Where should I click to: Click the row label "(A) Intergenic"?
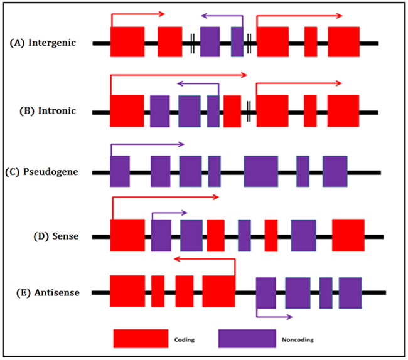(x=43, y=43)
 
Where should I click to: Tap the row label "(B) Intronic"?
(x=48, y=111)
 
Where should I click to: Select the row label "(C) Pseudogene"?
(x=41, y=172)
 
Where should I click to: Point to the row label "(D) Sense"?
(x=56, y=236)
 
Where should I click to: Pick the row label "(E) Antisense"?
(x=48, y=293)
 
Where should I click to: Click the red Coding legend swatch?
(x=141, y=339)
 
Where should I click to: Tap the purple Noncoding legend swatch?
(x=247, y=339)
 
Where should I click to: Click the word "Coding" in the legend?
(x=185, y=340)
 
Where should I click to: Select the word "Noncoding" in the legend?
(x=298, y=340)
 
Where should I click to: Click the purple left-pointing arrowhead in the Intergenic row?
(x=204, y=16)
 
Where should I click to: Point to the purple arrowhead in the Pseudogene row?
(x=181, y=144)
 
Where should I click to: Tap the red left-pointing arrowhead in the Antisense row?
(x=177, y=259)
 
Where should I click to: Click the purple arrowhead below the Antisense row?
(x=289, y=317)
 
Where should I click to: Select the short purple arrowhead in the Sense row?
(x=184, y=213)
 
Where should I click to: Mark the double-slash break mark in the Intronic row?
(x=249, y=112)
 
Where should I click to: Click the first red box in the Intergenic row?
(x=127, y=42)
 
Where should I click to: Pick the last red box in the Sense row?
(x=348, y=235)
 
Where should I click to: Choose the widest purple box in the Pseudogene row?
(x=261, y=171)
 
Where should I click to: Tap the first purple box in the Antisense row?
(x=266, y=293)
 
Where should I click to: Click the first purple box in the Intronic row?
(x=160, y=111)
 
